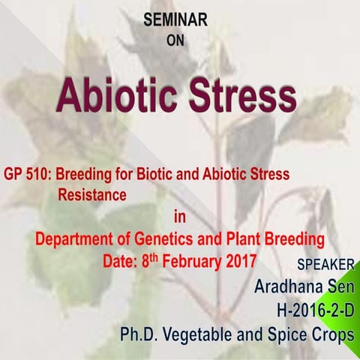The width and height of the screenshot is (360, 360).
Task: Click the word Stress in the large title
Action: coord(238,96)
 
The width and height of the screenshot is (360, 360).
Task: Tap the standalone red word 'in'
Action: coord(178,218)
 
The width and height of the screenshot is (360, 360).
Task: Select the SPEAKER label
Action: coord(325,266)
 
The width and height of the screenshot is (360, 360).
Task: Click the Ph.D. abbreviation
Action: coord(142,334)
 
